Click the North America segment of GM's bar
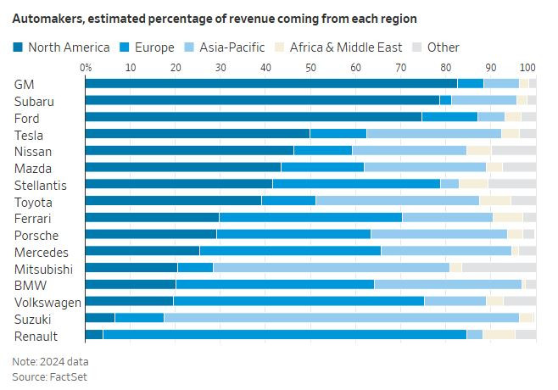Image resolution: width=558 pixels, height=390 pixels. pos(271,83)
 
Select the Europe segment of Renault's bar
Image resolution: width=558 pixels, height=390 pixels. pos(284,335)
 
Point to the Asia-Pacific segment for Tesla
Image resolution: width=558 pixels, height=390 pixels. pos(434,134)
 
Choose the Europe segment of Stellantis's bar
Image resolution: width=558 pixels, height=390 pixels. pos(356,184)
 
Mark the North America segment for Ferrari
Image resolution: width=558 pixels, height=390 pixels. pos(153,218)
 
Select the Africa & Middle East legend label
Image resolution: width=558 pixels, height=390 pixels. pos(346,47)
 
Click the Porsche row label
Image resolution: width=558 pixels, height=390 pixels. pos(35,235)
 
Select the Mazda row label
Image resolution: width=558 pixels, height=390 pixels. pos(32,168)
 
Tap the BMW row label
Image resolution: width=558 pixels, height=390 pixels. pos(28,285)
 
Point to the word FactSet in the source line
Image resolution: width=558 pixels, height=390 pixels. pos(69,376)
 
